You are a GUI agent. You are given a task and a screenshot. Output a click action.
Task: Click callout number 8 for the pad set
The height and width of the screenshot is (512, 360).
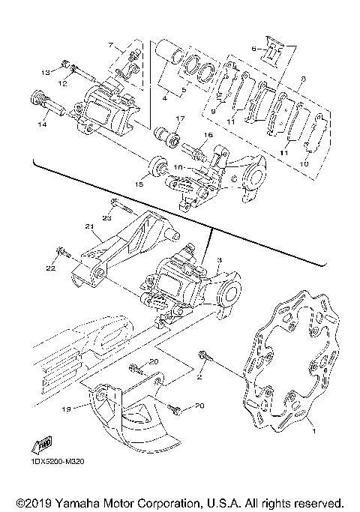[x=213, y=111]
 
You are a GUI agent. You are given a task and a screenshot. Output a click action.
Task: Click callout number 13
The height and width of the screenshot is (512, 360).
[x=45, y=72]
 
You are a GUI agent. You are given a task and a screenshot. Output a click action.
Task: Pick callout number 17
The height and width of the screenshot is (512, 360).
[x=179, y=119]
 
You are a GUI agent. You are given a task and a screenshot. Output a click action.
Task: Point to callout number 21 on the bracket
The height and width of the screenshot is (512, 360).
[x=89, y=226]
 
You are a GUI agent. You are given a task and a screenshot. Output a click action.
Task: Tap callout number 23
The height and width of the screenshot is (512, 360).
[x=106, y=217]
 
